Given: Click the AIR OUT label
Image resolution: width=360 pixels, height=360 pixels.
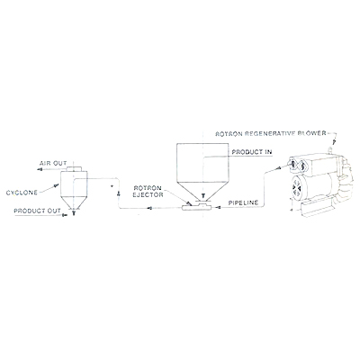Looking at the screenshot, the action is click(53, 164).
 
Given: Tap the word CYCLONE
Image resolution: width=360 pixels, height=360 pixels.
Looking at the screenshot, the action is click(22, 193).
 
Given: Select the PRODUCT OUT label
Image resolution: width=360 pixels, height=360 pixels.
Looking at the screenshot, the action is click(37, 211).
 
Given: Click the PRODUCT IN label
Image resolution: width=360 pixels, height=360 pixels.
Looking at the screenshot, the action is click(252, 152).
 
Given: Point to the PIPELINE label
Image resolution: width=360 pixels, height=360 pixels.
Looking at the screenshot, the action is click(243, 202).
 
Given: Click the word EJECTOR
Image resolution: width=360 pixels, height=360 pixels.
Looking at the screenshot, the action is click(149, 194).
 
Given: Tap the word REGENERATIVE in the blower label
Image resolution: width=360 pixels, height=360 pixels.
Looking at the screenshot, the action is click(275, 133).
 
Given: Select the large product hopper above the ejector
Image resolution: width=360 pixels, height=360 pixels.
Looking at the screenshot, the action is click(203, 171).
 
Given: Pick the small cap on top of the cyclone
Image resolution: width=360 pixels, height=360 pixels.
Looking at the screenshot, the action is click(74, 168).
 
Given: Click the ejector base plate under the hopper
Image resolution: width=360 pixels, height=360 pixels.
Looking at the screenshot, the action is click(197, 207).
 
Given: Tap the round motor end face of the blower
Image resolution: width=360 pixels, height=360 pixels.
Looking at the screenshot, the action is click(299, 187).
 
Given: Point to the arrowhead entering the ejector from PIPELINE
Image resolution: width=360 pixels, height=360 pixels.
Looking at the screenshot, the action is click(218, 207).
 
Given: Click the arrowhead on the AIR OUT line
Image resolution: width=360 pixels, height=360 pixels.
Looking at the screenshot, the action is click(39, 169).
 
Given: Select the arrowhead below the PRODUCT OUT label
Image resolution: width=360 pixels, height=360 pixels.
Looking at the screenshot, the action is click(65, 215).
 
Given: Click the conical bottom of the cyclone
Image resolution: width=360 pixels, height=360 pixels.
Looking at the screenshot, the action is click(74, 203).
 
